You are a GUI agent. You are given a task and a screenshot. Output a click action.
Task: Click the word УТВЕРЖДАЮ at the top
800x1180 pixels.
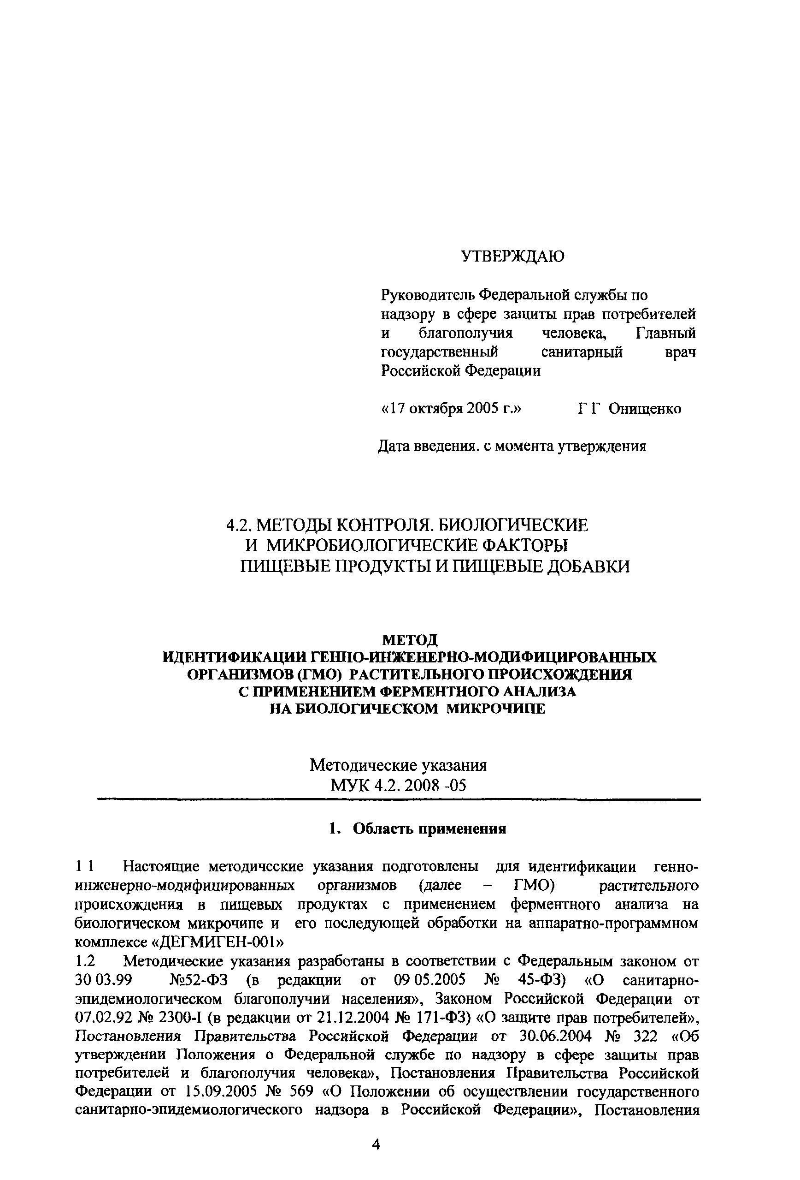point(512,256)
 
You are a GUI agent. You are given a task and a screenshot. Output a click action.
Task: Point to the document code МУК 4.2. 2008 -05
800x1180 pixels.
point(398,786)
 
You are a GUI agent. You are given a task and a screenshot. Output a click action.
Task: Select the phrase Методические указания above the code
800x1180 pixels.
point(398,765)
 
